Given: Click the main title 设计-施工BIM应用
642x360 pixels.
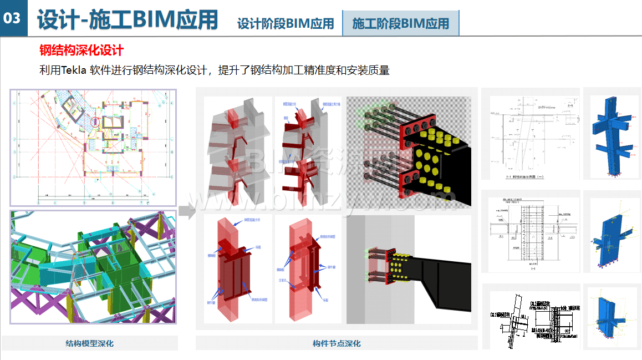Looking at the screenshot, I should tap(127, 19).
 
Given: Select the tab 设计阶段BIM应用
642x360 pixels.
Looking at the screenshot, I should tap(286, 23).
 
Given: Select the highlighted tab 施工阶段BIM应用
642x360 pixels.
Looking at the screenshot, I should tap(400, 23).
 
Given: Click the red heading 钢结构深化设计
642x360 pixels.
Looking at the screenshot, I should tap(81, 50).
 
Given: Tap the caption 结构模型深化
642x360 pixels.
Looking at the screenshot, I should tap(89, 343).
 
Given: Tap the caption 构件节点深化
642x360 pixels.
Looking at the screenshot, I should tap(337, 343).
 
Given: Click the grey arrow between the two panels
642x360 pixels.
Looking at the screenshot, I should tap(188, 210).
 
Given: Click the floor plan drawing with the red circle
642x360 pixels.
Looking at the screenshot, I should tap(93, 148).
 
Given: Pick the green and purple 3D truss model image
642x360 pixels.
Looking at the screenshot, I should tap(93, 267).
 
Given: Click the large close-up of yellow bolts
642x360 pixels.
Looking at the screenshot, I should tap(409, 153).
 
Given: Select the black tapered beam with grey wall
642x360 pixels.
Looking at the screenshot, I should tap(409, 270).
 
